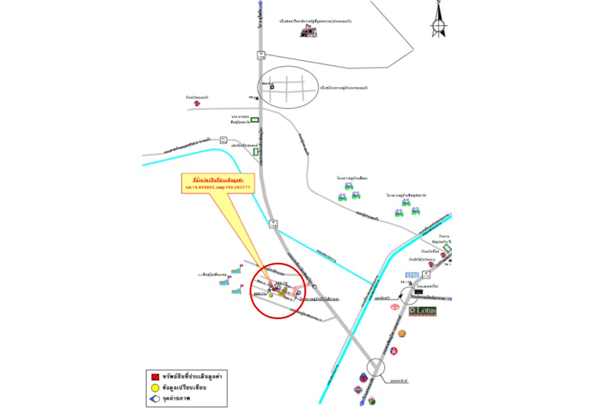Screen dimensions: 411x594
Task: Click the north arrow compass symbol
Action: pyautogui.click(x=439, y=22)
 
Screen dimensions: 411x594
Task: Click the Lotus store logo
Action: pyautogui.click(x=423, y=311)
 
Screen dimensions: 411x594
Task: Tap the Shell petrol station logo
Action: pyautogui.click(x=402, y=333)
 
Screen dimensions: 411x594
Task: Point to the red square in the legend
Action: pyautogui.click(x=155, y=377)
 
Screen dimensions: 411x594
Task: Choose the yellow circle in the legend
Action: pyautogui.click(x=155, y=388)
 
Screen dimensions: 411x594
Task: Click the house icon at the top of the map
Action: pyautogui.click(x=309, y=31)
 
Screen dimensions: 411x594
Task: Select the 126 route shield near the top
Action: pyautogui.click(x=260, y=55)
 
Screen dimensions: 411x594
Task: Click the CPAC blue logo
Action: pyautogui.click(x=412, y=276)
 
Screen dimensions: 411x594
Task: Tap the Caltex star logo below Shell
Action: pyautogui.click(x=394, y=350)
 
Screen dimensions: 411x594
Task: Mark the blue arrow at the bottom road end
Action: pyautogui.click(x=362, y=403)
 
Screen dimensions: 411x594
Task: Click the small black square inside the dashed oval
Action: pyautogui.click(x=272, y=87)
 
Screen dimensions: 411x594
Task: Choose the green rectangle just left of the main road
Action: pyautogui.click(x=255, y=120)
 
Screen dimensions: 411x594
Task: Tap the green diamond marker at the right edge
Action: pyautogui.click(x=447, y=248)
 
